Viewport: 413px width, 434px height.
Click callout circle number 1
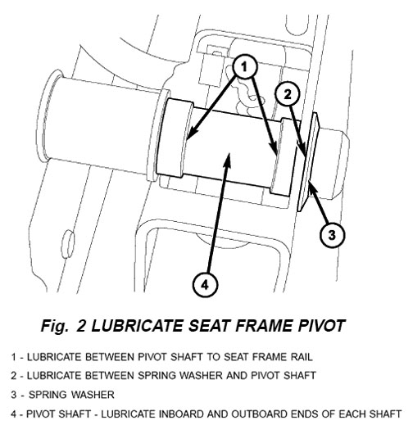pyautogui.click(x=244, y=67)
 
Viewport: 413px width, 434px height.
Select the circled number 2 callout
pyautogui.click(x=288, y=94)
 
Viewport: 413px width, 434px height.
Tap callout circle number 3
pyautogui.click(x=332, y=235)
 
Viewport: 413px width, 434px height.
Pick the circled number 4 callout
pyautogui.click(x=205, y=285)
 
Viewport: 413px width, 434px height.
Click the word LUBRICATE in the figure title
pyautogui.click(x=137, y=326)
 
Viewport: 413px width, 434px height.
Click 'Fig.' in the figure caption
pyautogui.click(x=55, y=326)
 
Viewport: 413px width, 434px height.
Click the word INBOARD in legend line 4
pyautogui.click(x=181, y=414)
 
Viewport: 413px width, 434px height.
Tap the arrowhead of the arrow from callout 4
pyautogui.click(x=228, y=159)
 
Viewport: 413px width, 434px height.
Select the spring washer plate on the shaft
pyautogui.click(x=308, y=161)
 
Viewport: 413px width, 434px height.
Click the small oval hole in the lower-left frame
pyautogui.click(x=67, y=244)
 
